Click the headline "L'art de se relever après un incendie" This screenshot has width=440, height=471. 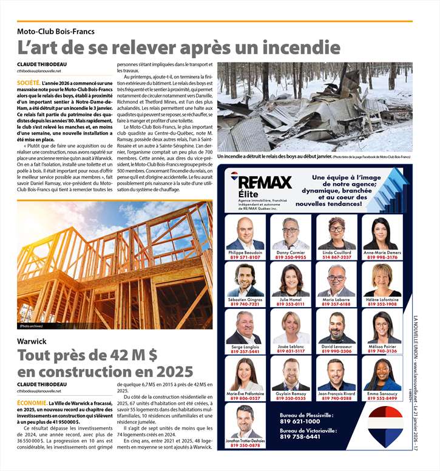(178, 47)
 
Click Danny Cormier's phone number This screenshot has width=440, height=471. (290, 257)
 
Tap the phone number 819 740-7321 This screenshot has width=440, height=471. (245, 304)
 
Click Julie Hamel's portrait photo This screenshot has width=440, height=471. (290, 279)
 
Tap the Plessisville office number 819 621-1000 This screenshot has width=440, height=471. (300, 421)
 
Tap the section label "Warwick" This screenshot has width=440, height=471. (32, 341)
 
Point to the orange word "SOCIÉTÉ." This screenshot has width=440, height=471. (29, 82)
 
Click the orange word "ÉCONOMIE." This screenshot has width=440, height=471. (32, 403)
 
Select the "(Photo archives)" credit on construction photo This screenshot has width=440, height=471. (31, 326)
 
